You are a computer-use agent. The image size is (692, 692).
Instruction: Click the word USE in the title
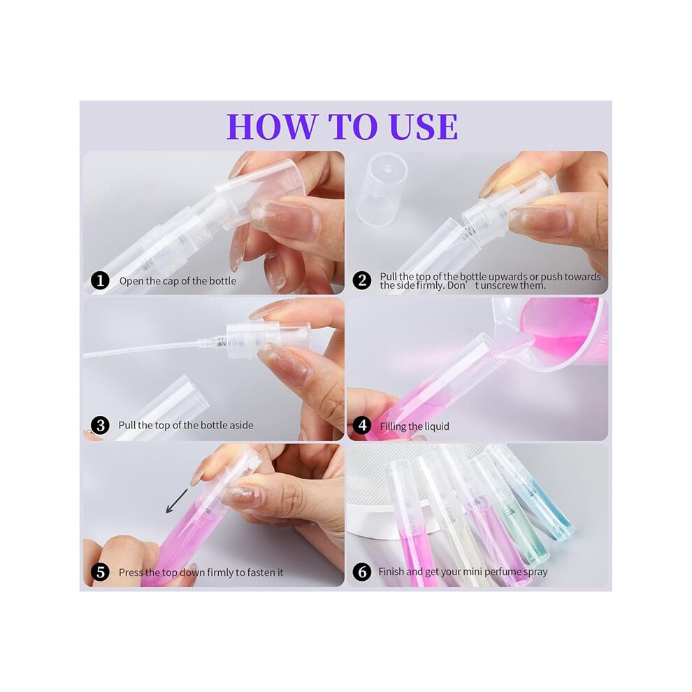click(424, 127)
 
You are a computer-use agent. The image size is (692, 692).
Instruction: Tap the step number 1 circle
click(100, 281)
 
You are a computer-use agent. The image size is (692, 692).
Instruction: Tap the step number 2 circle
click(362, 281)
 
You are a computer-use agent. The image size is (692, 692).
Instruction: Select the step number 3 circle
click(100, 426)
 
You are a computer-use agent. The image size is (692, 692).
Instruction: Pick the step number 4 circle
click(362, 426)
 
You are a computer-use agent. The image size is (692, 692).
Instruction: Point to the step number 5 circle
click(100, 572)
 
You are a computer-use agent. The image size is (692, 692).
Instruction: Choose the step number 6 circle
click(362, 572)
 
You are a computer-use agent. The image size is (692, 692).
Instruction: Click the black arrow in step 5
click(177, 501)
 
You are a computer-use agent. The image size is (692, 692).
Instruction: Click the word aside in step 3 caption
click(241, 426)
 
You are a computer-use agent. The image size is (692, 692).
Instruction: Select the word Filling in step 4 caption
click(394, 427)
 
